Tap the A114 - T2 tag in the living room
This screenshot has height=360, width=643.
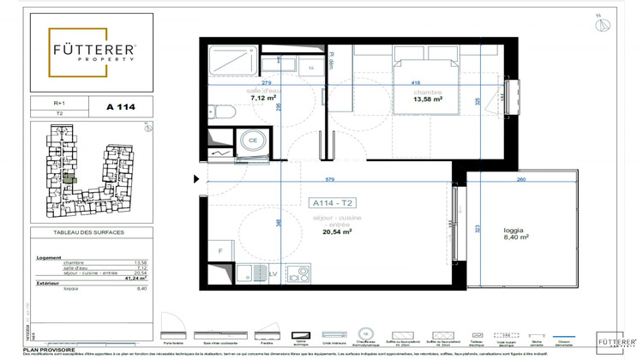(334, 203)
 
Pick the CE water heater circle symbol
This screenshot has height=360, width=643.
(253, 141)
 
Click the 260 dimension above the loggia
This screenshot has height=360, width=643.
(521, 179)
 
